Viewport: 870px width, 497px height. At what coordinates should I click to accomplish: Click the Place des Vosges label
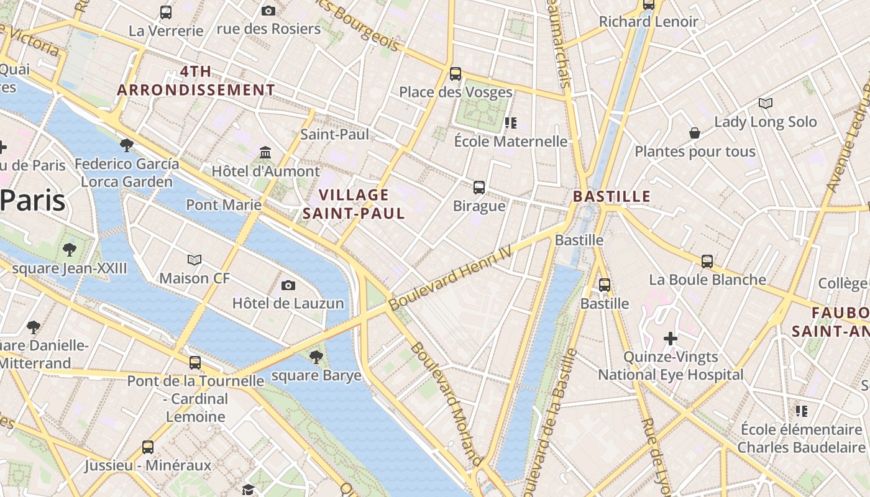click(456, 93)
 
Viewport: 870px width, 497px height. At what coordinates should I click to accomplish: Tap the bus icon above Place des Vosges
click(456, 74)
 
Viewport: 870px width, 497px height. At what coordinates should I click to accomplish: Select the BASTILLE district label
click(611, 197)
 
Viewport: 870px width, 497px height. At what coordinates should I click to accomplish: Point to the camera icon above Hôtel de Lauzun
click(288, 285)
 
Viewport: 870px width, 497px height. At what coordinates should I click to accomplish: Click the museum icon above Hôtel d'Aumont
click(266, 152)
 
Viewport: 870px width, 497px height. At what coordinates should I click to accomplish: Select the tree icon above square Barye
click(316, 357)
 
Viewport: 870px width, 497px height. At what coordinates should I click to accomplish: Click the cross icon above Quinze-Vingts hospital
click(670, 339)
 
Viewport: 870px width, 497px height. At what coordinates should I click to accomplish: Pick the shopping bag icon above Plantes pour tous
click(695, 133)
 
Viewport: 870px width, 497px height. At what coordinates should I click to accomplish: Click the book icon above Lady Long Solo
click(766, 103)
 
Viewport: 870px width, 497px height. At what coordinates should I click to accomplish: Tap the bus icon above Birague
click(479, 187)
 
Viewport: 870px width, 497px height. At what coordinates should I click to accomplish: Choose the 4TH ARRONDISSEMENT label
click(196, 81)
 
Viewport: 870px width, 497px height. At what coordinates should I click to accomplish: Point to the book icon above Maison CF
click(195, 260)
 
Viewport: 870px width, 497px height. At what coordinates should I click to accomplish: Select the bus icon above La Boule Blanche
click(707, 261)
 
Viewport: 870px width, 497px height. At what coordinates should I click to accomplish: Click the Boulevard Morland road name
click(446, 404)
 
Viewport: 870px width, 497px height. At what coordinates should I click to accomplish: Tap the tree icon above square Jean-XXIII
click(69, 250)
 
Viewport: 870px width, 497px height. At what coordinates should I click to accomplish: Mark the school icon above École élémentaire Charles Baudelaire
click(802, 411)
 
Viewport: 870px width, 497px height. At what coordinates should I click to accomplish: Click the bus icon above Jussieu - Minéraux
click(148, 447)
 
